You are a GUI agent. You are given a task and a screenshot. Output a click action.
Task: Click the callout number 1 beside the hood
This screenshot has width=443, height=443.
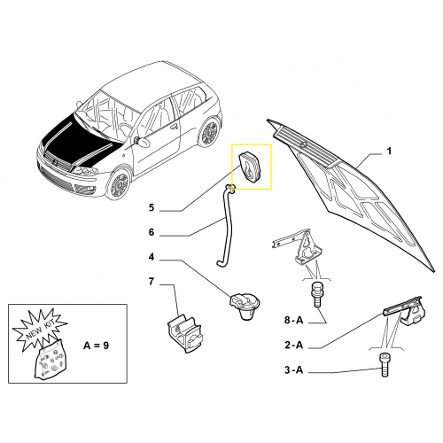pos(389,151)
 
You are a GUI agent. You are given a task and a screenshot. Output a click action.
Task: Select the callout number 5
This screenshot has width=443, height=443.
pos(152,207)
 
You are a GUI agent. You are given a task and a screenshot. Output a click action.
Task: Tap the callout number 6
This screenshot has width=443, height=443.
pos(152,232)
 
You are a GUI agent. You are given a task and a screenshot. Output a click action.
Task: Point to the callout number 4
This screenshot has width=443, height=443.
pos(152,257)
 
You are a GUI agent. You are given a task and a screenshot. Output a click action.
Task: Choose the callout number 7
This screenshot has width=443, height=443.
pos(152,282)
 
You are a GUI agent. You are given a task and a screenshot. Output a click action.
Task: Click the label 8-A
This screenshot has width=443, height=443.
pos(294,321)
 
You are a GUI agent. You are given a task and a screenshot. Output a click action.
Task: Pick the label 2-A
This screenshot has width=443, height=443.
pos(294,345)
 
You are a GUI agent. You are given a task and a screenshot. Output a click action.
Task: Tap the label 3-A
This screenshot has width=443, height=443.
pos(294,369)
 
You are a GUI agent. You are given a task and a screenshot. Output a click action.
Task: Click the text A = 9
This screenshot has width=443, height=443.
pos(96,346)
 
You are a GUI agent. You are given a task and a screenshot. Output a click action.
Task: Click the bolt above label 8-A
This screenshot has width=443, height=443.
pos(316,294)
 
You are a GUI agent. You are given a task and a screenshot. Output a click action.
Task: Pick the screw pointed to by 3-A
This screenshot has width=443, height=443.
pos(384,365)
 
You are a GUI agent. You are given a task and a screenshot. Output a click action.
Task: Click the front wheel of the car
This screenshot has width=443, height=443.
pos(119,184)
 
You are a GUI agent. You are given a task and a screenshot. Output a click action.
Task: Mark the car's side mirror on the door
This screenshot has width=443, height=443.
pos(144,142)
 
